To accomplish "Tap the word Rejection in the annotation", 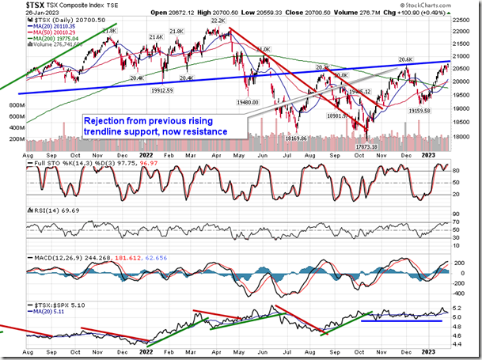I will click(108, 119).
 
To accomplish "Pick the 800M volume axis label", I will click(15, 104).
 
